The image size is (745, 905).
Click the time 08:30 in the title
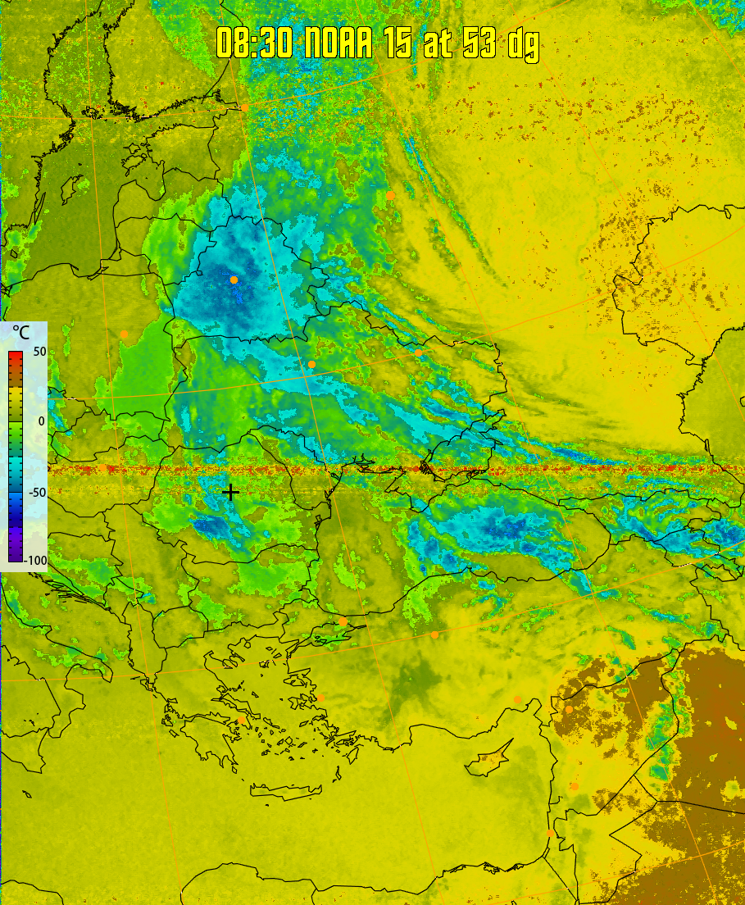[x=254, y=43]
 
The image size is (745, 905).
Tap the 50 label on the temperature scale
[x=39, y=352]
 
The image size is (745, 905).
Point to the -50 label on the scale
[x=38, y=492]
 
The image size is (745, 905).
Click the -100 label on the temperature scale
[x=36, y=561]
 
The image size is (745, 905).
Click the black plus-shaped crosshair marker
[x=232, y=492]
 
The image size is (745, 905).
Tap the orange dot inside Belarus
[x=234, y=280]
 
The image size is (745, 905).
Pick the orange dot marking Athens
[x=242, y=721]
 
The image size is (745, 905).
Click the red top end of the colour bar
[x=16, y=355]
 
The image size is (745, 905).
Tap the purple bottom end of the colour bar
[x=16, y=557]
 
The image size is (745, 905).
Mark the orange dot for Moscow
[x=392, y=195]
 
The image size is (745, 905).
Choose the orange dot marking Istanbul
[x=343, y=621]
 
